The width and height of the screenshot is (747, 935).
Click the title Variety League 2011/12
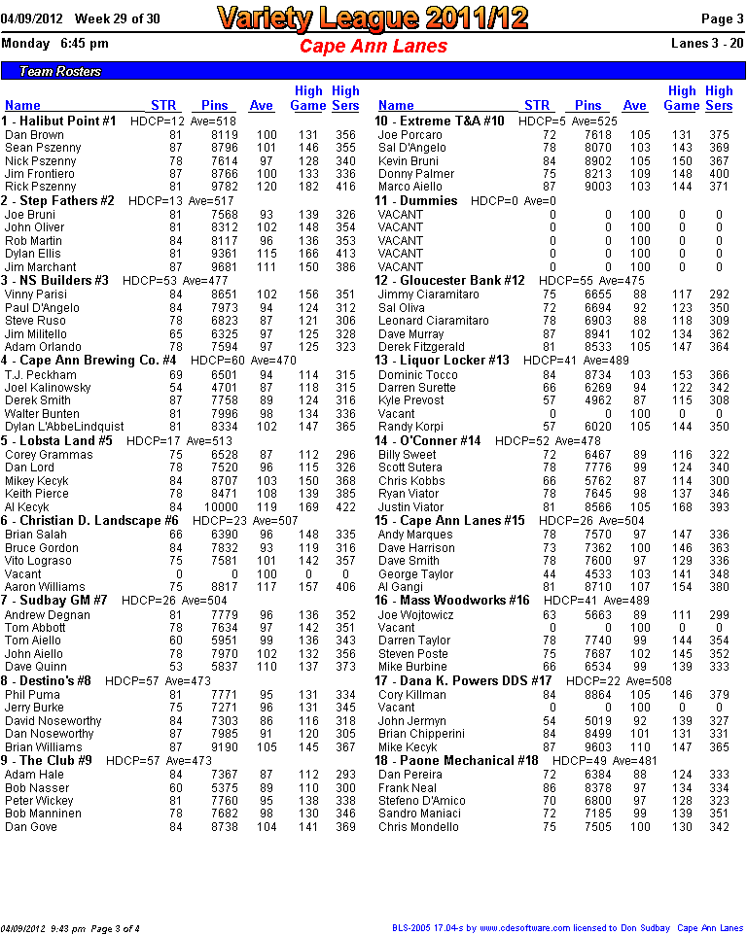point(373,17)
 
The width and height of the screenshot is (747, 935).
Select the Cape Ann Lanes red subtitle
point(373,46)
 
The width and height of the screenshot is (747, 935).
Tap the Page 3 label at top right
point(723,19)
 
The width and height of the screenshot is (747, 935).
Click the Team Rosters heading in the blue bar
point(60,71)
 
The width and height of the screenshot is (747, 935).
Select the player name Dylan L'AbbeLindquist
point(64,427)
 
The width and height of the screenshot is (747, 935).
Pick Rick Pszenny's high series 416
point(344,186)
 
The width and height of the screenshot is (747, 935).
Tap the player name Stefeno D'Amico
point(422,800)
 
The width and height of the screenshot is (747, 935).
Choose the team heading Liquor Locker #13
point(443,361)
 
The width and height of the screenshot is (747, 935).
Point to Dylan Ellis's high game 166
point(307,254)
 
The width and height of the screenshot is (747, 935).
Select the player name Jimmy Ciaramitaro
point(428,294)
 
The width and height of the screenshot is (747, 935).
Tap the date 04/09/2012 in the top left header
point(32,19)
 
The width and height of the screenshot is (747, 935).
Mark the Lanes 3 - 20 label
point(708,43)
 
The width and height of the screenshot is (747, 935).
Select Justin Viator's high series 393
point(719,506)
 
